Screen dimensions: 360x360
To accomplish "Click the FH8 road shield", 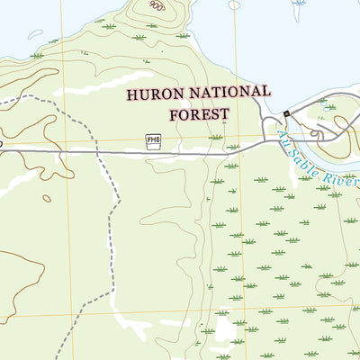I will (153, 139).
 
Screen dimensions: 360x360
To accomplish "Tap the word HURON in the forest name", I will (154, 94).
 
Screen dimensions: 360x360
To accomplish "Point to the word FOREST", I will (198, 114).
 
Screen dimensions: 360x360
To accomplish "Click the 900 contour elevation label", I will (157, 5).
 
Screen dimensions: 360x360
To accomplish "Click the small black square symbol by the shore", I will (287, 113).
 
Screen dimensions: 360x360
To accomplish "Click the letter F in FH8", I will (148, 139).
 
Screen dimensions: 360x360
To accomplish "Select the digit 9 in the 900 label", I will (153, 5).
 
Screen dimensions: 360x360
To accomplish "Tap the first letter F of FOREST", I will (173, 114).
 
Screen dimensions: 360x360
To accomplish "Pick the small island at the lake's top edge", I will (235, 4).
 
